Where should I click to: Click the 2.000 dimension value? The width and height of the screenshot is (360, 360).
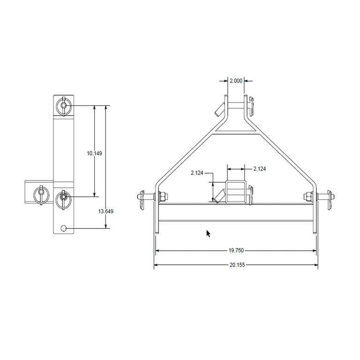click(x=236, y=81)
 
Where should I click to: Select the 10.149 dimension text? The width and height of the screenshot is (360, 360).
click(x=95, y=153)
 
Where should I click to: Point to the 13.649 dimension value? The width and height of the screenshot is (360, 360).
click(x=106, y=211)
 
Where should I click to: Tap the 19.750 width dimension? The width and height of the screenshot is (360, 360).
click(x=236, y=251)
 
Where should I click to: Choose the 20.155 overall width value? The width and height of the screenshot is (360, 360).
click(x=236, y=265)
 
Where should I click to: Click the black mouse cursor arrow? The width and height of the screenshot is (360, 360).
click(x=209, y=233)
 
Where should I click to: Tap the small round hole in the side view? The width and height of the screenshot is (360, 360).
click(x=64, y=228)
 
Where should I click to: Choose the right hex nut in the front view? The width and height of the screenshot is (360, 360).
click(x=308, y=196)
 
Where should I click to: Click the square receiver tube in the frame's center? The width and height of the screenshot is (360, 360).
click(x=235, y=192)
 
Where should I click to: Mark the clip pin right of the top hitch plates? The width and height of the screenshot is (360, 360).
click(x=252, y=106)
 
